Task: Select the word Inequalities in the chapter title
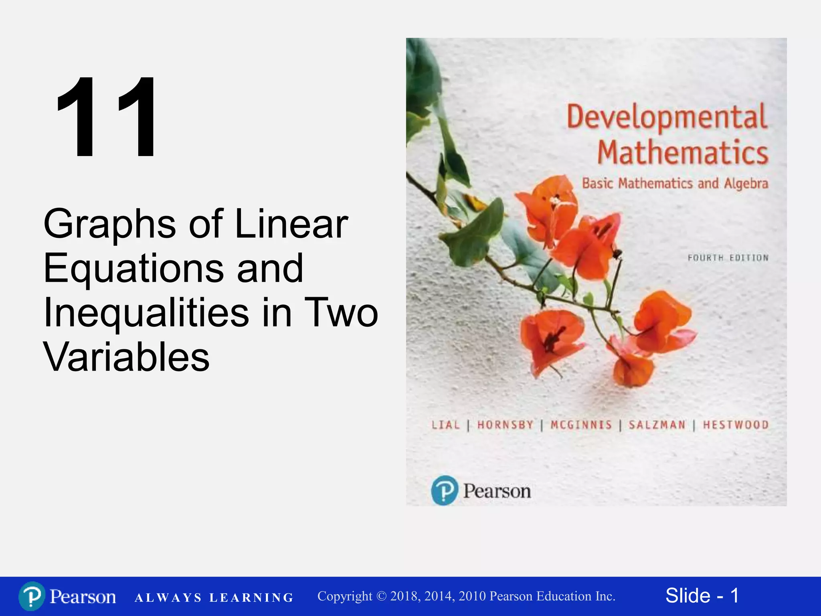[x=146, y=313]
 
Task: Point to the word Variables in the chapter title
[x=126, y=357]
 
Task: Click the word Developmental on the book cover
[x=667, y=117]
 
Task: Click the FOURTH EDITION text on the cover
[x=728, y=258]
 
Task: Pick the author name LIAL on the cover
[x=445, y=425]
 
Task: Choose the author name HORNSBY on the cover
[x=505, y=425]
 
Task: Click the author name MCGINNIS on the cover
[x=581, y=425]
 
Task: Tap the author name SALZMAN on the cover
[x=657, y=425]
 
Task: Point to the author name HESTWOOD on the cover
[x=736, y=425]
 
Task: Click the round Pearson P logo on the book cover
[x=444, y=490]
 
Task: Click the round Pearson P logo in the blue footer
[x=32, y=596]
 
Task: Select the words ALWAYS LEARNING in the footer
[x=214, y=598]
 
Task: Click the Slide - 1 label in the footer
[x=702, y=596]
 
